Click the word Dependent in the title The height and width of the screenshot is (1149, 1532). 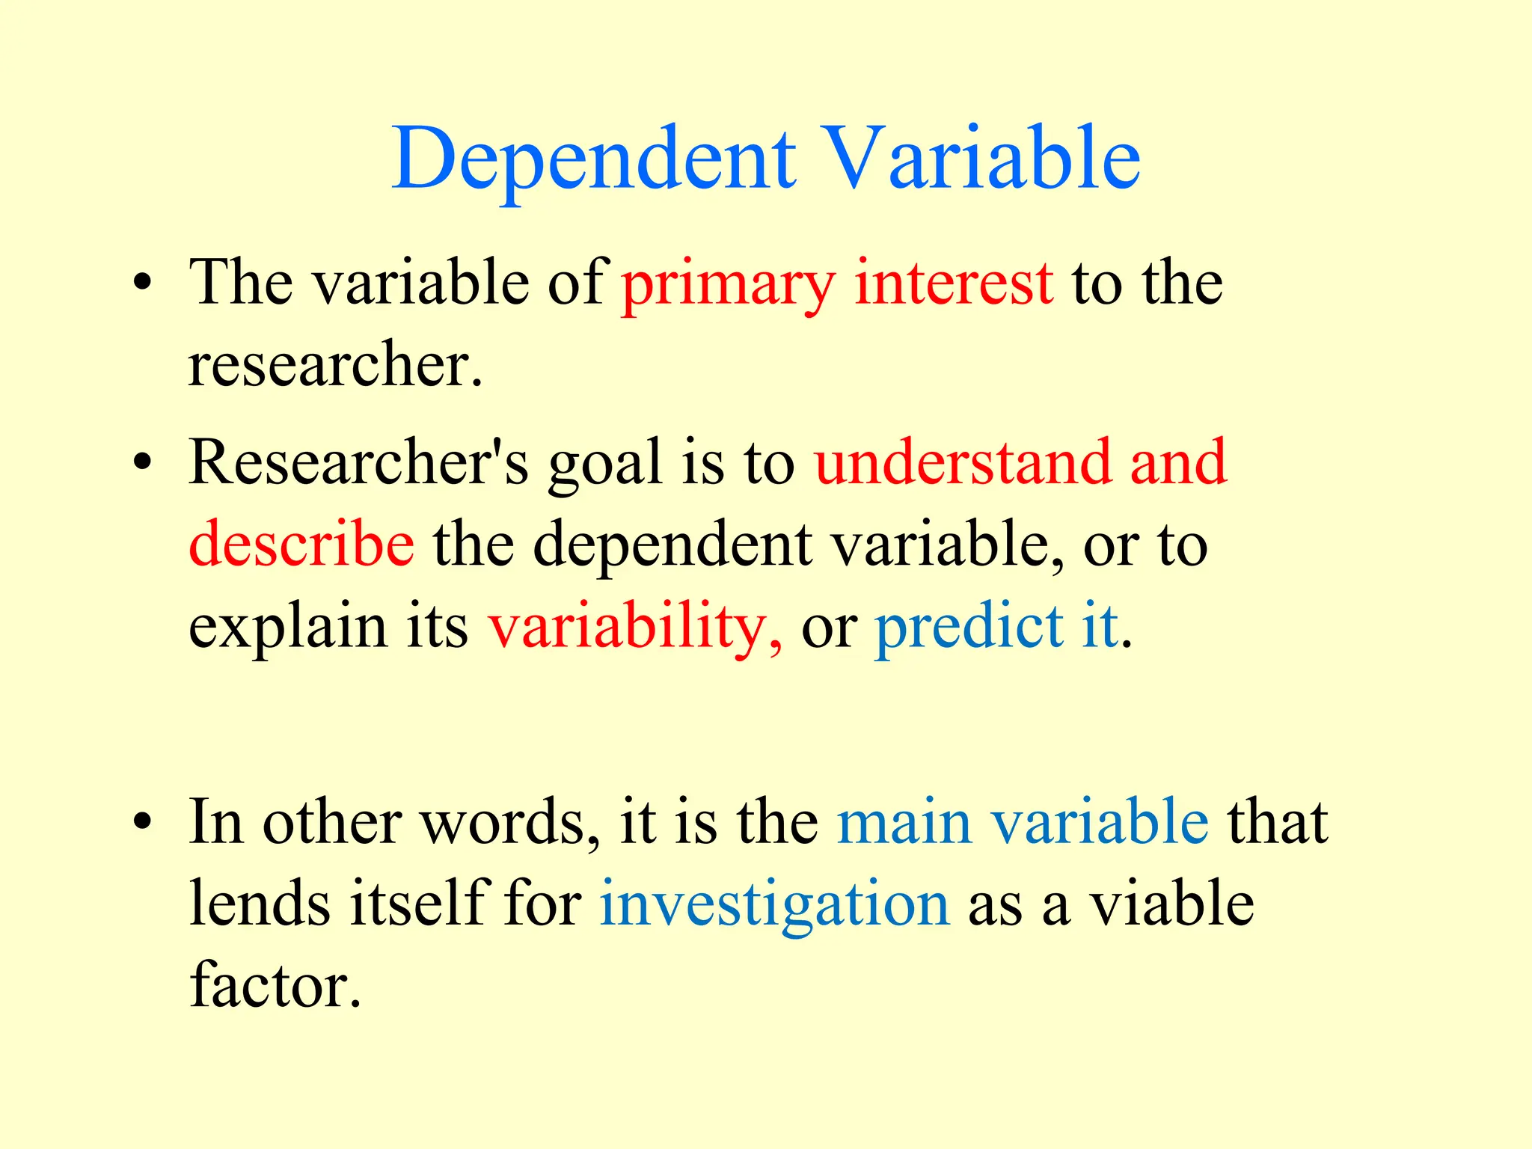pyautogui.click(x=594, y=159)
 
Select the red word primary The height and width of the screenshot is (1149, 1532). pyautogui.click(x=728, y=284)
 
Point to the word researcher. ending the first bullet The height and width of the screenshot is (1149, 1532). pyautogui.click(x=335, y=365)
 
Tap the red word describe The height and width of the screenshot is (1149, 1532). pyautogui.click(x=301, y=544)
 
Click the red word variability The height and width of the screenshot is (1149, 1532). pyautogui.click(x=635, y=627)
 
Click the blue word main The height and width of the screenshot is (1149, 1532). pyautogui.click(x=904, y=822)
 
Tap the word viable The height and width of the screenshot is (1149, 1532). pyautogui.click(x=1171, y=904)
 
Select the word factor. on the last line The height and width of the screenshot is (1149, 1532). pyautogui.click(x=275, y=986)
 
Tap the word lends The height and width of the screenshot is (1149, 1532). pyautogui.click(x=260, y=904)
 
